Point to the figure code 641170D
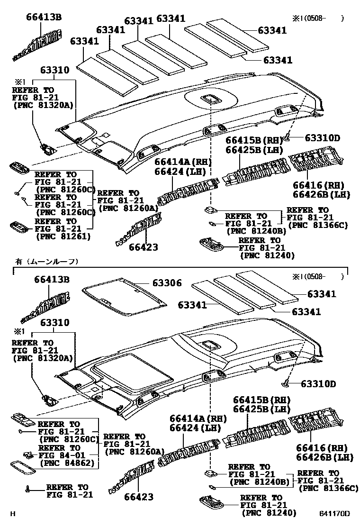point(334,513)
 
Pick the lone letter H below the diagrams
point(13,513)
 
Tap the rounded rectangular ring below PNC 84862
point(23,467)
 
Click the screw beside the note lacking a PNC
point(28,489)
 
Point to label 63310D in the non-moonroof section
point(322,138)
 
